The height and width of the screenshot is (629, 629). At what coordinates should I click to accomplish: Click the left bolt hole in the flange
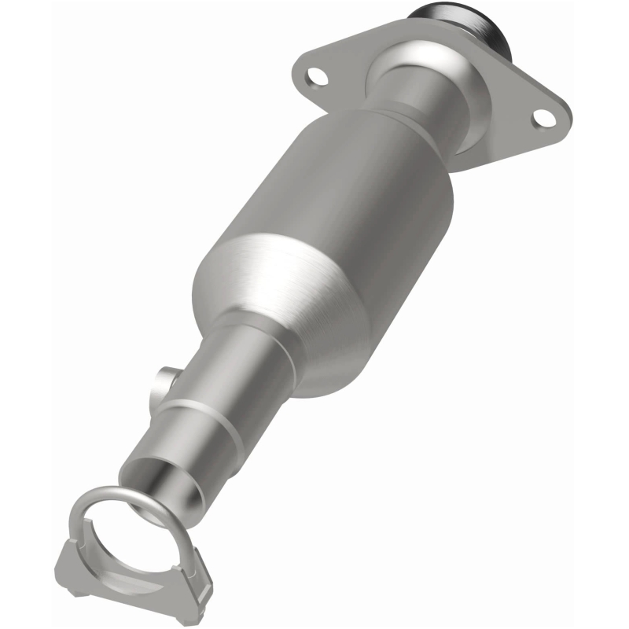tap(316, 77)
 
